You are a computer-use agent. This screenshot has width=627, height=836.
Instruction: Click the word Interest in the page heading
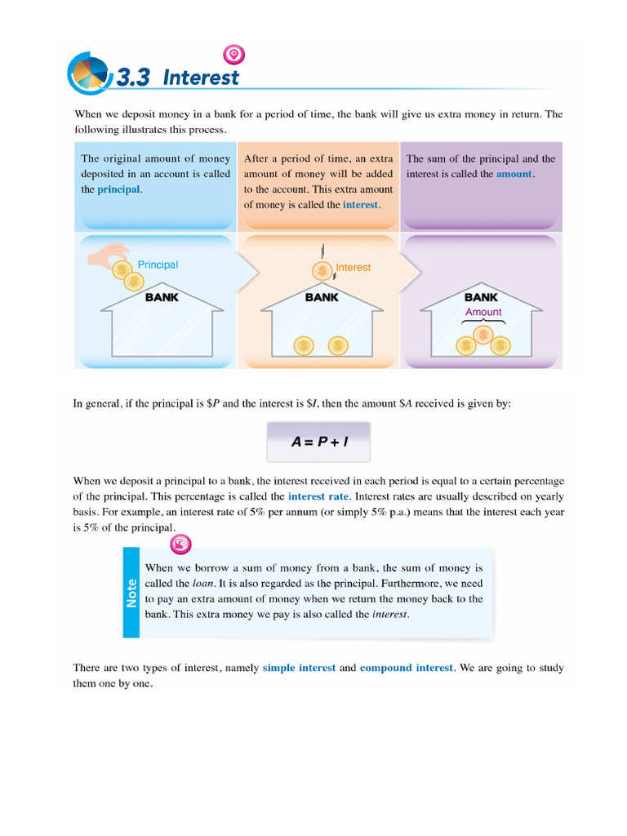(x=201, y=78)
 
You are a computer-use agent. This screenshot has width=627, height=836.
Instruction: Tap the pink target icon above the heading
(x=234, y=55)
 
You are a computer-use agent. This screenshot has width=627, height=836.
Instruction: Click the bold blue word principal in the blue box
(x=118, y=189)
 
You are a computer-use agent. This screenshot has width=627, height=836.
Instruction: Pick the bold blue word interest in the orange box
(x=361, y=205)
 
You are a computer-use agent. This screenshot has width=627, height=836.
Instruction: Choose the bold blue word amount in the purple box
(x=514, y=174)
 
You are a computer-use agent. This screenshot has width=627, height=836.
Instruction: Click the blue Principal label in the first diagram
(x=158, y=265)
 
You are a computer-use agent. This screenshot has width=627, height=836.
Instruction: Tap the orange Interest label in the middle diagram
(x=353, y=268)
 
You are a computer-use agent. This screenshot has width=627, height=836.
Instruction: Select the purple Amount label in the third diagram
(x=483, y=312)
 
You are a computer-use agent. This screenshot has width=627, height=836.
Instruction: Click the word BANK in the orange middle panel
(x=322, y=297)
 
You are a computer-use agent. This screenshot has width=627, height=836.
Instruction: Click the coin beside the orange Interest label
(x=322, y=270)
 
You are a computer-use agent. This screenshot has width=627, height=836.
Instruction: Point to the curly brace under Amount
(x=482, y=322)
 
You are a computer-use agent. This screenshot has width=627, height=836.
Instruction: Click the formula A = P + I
(x=319, y=442)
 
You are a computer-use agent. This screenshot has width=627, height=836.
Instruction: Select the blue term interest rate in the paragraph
(x=318, y=496)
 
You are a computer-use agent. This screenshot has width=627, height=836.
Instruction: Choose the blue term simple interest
(x=299, y=668)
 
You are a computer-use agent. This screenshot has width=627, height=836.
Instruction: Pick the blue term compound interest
(x=406, y=668)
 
